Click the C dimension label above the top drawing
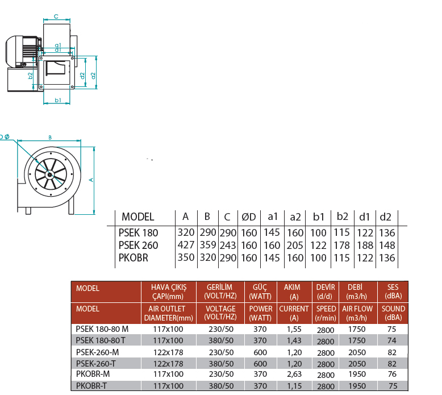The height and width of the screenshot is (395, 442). point(56,16)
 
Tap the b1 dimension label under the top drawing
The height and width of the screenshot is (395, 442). point(58,100)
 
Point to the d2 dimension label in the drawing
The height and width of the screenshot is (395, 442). point(82,76)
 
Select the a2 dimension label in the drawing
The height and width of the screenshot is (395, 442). point(93,76)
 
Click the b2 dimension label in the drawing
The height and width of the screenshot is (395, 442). point(30,76)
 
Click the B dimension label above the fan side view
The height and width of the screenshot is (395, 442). point(50,138)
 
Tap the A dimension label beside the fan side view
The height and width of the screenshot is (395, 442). point(91,180)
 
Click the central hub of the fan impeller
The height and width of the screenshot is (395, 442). point(49,175)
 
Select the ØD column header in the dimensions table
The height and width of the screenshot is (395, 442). point(249,217)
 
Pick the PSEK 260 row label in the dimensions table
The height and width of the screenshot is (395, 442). point(138,246)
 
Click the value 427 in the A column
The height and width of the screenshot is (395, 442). point(186,245)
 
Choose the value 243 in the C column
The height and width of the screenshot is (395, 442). point(228,246)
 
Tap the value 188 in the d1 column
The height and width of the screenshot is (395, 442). point(365,246)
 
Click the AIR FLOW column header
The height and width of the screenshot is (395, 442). point(357,309)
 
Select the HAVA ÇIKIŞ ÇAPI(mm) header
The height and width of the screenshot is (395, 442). point(169,292)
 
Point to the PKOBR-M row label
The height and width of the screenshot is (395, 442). point(93,374)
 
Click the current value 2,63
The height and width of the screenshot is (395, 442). point(294,374)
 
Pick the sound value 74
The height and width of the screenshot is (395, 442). point(392,340)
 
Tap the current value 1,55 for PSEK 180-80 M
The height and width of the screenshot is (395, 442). point(294,329)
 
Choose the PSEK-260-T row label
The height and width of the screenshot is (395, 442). point(96,364)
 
